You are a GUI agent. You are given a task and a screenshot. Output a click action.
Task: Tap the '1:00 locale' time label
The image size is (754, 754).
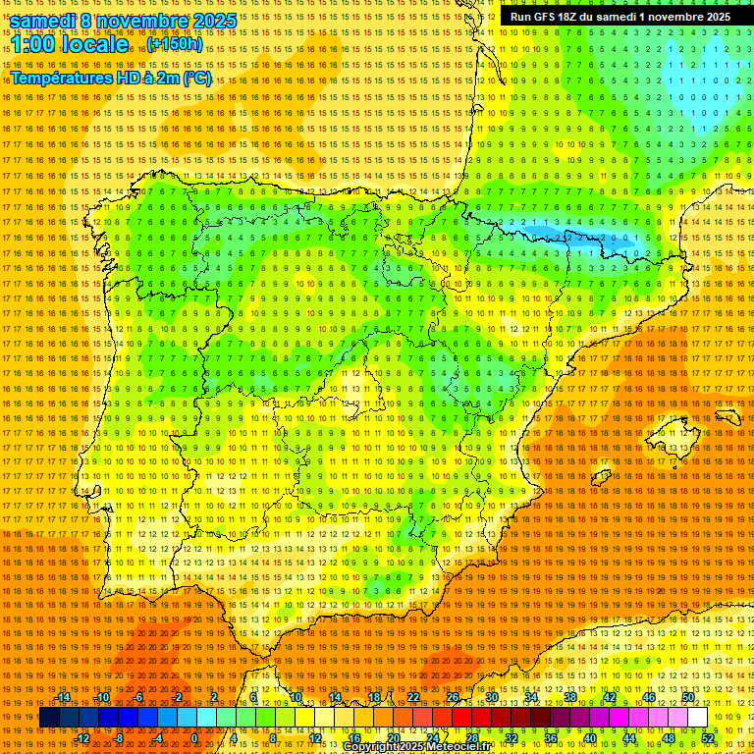(70, 44)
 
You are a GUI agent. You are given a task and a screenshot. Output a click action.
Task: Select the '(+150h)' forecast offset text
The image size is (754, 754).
(176, 44)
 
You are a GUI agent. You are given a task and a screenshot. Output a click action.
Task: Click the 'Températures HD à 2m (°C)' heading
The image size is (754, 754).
(111, 78)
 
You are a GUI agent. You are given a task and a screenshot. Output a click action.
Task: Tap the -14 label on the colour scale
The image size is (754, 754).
(63, 697)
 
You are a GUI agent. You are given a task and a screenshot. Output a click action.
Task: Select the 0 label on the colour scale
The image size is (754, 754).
(194, 738)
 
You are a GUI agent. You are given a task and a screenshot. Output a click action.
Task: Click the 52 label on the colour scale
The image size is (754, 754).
(708, 738)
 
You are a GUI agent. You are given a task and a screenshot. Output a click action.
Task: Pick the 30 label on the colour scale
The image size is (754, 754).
(491, 697)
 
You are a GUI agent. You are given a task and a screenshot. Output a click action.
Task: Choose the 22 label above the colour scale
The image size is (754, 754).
(413, 697)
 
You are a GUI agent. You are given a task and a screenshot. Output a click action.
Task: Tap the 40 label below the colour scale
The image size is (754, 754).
(589, 738)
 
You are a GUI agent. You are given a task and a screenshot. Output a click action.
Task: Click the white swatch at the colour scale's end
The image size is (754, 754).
(698, 718)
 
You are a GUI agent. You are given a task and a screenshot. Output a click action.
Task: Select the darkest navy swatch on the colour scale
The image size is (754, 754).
(49, 718)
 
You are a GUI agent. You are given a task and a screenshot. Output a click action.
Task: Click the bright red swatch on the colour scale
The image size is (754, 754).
(461, 718)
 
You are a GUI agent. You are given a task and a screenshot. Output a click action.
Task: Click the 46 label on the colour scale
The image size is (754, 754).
(649, 697)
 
